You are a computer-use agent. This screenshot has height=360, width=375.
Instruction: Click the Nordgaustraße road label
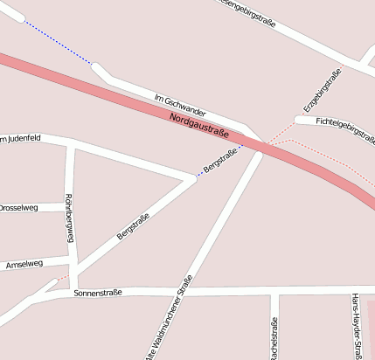click(x=199, y=125)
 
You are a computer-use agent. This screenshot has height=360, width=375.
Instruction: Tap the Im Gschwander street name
click(x=179, y=106)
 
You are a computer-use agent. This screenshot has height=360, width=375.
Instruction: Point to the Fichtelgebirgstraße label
click(x=345, y=129)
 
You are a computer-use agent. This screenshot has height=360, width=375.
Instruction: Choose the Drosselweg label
click(x=19, y=208)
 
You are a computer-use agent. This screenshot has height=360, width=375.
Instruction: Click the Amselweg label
click(x=24, y=263)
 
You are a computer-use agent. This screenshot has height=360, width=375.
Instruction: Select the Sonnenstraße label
click(x=98, y=293)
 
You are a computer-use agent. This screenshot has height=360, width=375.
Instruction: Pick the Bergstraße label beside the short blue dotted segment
click(x=219, y=160)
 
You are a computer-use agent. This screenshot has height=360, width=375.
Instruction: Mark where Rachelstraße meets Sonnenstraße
click(x=274, y=290)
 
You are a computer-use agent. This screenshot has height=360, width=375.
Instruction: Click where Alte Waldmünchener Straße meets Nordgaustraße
click(x=259, y=150)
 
